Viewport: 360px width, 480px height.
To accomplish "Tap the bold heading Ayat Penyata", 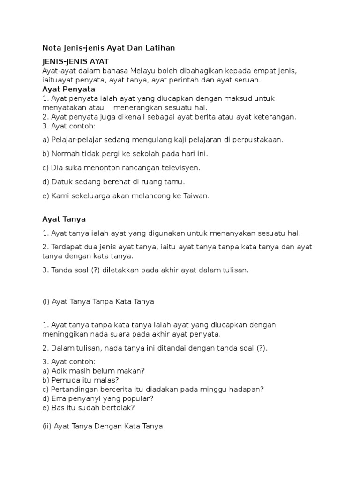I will pyautogui.click(x=68, y=89).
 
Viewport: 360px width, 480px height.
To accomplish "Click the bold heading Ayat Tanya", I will pyautogui.click(x=64, y=219).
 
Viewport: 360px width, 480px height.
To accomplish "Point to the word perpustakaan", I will pyautogui.click(x=259, y=140).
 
